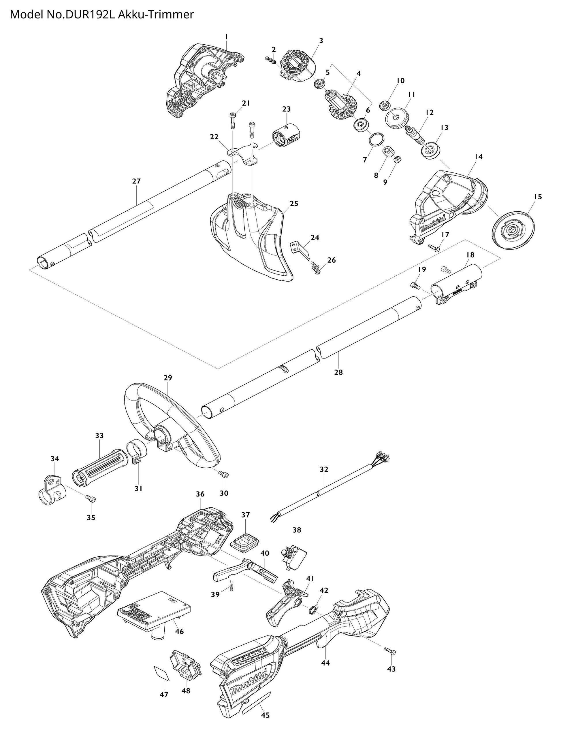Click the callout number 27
click(136, 181)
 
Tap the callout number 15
click(538, 197)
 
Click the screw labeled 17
click(434, 247)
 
